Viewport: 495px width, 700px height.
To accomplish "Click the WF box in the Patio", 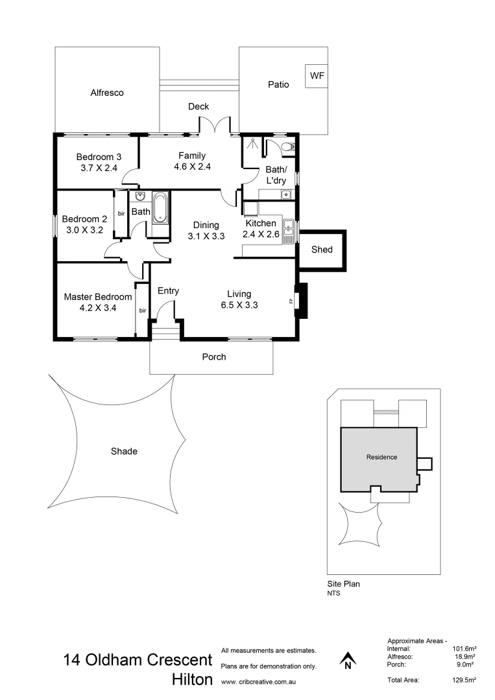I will (317, 76).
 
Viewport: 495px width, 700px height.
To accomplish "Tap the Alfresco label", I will (107, 93).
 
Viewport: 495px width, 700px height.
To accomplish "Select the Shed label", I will (322, 249).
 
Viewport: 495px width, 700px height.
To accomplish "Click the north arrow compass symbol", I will (348, 660).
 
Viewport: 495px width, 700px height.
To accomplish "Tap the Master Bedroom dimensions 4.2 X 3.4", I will (98, 308).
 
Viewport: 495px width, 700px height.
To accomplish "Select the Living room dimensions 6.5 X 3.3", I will (239, 305).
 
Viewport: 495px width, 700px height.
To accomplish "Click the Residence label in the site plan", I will (381, 457).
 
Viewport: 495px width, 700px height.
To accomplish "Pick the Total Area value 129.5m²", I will (463, 680).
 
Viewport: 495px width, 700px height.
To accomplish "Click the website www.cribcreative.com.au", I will (259, 682).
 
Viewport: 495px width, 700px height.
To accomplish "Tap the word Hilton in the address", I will (191, 680).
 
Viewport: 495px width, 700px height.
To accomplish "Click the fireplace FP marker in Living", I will (291, 301).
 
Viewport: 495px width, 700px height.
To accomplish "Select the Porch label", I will (214, 356).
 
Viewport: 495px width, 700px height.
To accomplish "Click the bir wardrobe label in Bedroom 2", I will (121, 213).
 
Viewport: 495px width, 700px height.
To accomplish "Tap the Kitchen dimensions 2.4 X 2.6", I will (261, 235).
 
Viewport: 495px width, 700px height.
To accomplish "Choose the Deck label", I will (199, 107).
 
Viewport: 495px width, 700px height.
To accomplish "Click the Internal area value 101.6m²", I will (463, 648).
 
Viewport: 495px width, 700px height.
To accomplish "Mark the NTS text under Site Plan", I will (333, 592).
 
